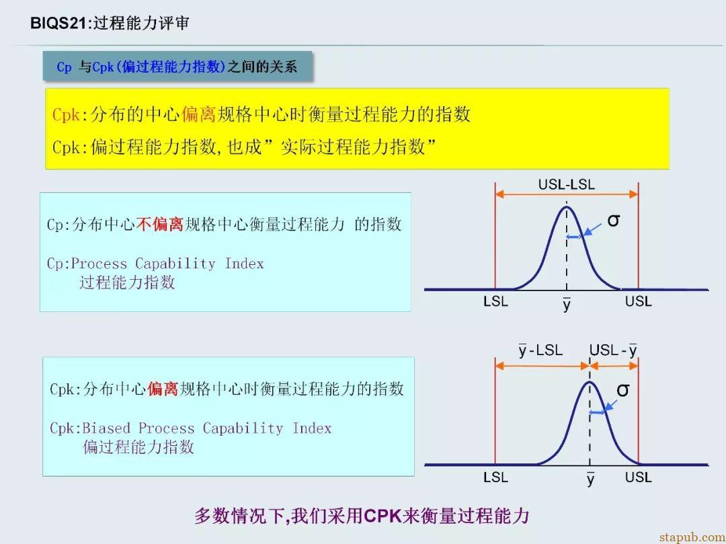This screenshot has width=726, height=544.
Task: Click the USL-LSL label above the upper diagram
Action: [566, 185]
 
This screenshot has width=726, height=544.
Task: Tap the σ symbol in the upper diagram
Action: [614, 221]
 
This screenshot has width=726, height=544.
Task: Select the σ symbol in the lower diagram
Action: [623, 390]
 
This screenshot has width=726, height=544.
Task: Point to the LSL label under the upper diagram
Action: [496, 301]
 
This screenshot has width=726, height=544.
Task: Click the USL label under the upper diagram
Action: [639, 301]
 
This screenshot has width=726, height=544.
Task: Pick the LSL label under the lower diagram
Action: [496, 477]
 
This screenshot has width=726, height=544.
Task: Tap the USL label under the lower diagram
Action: [639, 477]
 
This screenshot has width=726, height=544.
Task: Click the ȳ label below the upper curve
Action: [567, 304]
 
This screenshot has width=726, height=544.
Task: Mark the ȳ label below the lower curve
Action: [590, 479]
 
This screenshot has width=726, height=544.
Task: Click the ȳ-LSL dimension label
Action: [540, 350]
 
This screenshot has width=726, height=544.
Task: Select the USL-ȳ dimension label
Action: [613, 350]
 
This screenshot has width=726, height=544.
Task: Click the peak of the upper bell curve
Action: [567, 206]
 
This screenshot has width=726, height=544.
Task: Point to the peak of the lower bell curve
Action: [590, 382]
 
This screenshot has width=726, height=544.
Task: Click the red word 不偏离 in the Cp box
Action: [160, 225]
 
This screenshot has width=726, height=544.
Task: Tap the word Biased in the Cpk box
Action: [106, 428]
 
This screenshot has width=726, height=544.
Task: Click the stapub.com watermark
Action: [692, 537]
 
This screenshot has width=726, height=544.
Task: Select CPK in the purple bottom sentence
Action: [382, 516]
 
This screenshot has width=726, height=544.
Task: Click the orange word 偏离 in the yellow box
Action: [198, 114]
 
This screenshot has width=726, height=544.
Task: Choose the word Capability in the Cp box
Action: [175, 264]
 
